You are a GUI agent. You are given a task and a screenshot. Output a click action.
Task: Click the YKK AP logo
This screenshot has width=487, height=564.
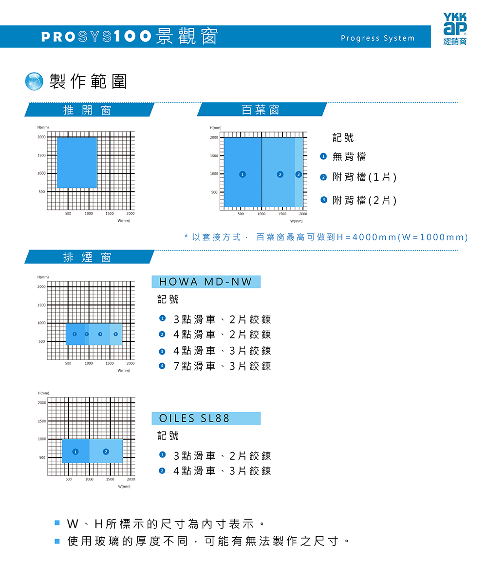pos(455,28)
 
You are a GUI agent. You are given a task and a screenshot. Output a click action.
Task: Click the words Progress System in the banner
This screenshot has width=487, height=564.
pos(377,38)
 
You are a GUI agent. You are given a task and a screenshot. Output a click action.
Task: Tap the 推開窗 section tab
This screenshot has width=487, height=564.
pos(88,110)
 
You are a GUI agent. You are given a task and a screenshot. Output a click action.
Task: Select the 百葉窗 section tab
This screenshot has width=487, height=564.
pos(261,110)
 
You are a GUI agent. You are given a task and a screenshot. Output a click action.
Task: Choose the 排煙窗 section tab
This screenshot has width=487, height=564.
pos(88,257)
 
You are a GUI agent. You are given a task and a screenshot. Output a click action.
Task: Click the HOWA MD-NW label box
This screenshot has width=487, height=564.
pos(206,282)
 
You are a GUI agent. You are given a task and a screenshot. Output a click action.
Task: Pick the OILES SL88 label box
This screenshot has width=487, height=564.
pos(206,418)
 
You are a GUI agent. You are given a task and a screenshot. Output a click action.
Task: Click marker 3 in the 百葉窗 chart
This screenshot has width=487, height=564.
pos(299,174)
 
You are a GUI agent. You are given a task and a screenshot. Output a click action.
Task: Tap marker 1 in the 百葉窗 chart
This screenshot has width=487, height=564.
pos(242,174)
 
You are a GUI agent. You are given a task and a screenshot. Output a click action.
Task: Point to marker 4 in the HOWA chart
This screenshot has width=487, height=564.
pos(115,334)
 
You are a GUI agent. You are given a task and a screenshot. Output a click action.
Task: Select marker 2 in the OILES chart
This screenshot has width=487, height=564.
pos(106,452)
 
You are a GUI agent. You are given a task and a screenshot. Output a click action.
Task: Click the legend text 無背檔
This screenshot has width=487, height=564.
pos(349,157)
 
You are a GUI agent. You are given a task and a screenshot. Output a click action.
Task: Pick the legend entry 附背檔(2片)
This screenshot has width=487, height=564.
pos(364,200)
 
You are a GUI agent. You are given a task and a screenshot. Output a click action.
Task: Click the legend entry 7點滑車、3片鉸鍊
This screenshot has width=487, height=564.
pos(222,366)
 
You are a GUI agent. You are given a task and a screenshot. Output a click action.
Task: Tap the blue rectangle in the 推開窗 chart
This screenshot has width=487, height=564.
pos(77,163)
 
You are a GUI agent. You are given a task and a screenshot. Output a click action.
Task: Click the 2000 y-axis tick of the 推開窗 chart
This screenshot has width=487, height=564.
pos(41,137)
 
